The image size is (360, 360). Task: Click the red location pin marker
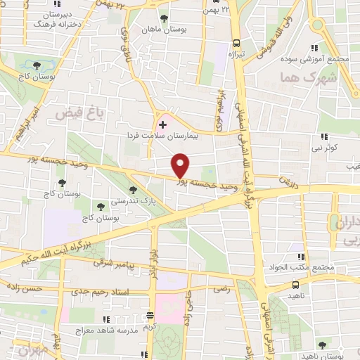point(181,165)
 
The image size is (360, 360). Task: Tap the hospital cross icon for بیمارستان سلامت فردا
point(162,124)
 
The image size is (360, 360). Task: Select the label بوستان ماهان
point(164,30)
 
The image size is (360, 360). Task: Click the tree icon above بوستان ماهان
point(164,18)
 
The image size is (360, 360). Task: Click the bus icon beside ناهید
point(295,285)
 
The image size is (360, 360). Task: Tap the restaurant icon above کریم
point(149,316)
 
